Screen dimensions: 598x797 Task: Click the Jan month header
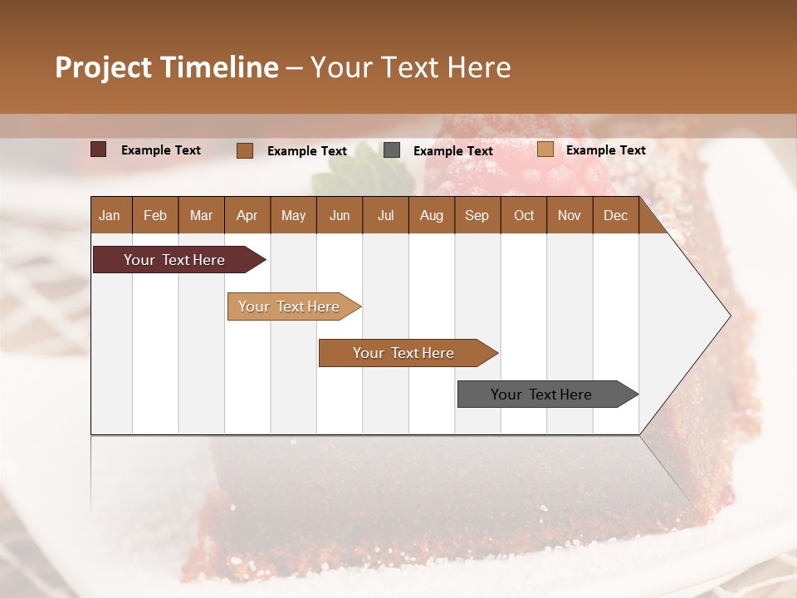110,215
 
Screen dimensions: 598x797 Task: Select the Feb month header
155,215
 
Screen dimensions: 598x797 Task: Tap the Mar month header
201,215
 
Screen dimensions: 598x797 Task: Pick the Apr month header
247,215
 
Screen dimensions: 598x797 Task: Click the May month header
293,215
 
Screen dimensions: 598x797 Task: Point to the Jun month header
340,215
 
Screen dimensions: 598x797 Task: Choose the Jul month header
385,215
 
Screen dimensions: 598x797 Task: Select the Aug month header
432,215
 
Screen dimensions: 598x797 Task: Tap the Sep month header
477,215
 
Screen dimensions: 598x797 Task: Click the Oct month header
524,215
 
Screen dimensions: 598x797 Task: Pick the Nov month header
570,215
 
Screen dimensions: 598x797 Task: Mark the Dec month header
616,215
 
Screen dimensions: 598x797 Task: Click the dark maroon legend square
99,149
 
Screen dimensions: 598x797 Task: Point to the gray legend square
392,150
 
